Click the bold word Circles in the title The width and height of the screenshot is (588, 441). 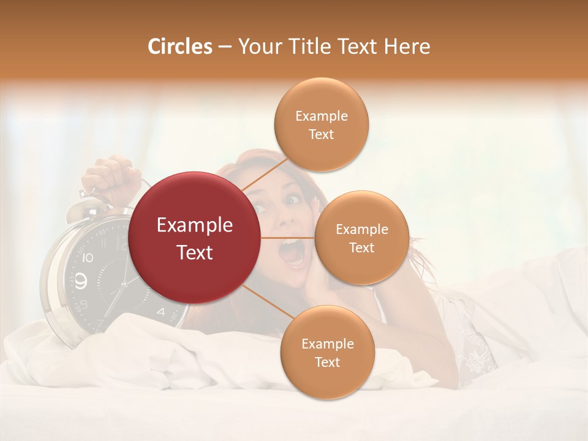(179, 47)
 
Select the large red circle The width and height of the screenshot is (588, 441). (195, 238)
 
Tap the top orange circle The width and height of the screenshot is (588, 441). (322, 124)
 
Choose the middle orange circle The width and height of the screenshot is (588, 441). (361, 238)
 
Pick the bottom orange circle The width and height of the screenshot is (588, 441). (327, 352)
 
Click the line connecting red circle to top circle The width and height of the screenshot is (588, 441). (265, 174)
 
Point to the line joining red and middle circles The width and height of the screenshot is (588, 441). (288, 238)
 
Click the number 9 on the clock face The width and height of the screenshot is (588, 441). (82, 281)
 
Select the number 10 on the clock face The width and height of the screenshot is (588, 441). (87, 257)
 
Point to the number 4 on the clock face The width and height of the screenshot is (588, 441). (161, 311)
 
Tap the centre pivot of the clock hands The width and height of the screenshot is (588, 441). (124, 284)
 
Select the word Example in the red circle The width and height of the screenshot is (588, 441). (195, 225)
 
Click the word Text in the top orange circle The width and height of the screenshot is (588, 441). (322, 134)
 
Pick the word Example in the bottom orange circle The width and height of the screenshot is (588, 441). (327, 344)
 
